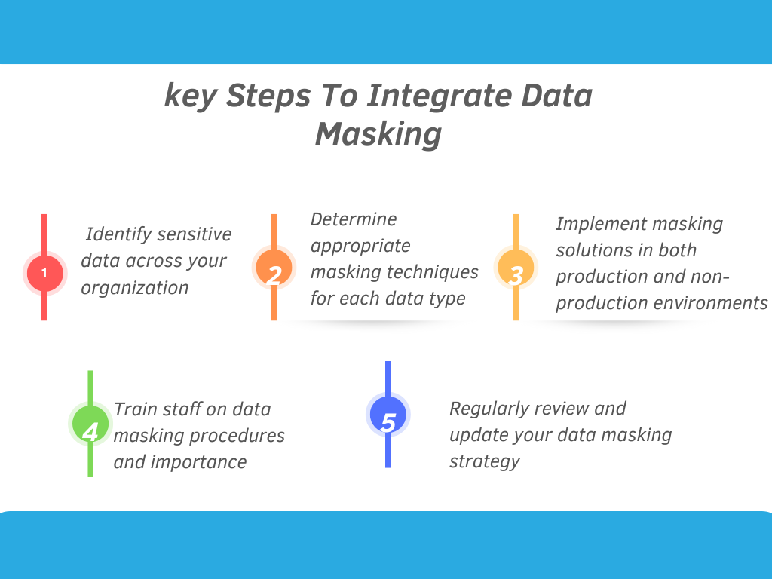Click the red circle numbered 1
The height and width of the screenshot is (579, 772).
click(44, 273)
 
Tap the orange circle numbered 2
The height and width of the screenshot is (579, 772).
click(274, 268)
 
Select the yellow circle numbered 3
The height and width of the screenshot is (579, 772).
click(516, 268)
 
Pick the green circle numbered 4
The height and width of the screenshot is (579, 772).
click(90, 424)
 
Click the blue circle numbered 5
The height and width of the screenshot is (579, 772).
click(388, 415)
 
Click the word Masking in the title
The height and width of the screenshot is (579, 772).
click(378, 134)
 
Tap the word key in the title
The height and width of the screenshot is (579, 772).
click(190, 96)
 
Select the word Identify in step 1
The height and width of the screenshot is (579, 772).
click(118, 234)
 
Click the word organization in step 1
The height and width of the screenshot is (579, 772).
click(134, 288)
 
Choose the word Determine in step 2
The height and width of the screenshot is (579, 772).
click(354, 219)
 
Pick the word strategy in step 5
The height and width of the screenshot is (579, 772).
click(485, 462)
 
